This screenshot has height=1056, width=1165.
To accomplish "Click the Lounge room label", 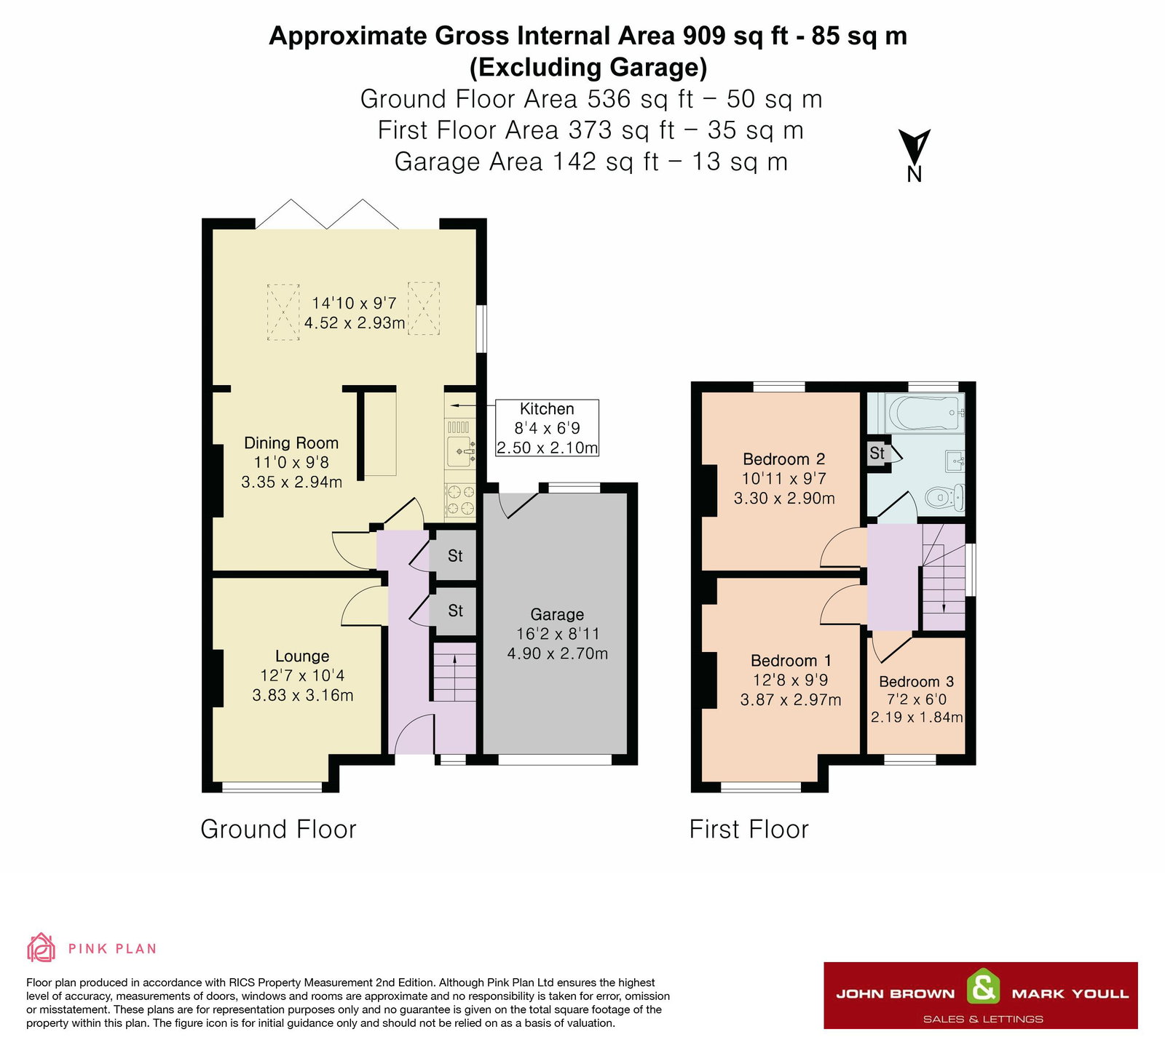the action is (x=302, y=656).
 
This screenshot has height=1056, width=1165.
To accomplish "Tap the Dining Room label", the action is (x=291, y=443).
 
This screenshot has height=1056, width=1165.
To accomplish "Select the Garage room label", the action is (x=557, y=615).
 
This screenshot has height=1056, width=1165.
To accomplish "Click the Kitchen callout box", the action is (x=547, y=429).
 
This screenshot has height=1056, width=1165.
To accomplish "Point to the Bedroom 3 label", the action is (x=917, y=682).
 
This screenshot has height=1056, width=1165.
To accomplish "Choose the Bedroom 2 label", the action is (x=784, y=459).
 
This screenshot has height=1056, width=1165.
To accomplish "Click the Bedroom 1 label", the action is (x=791, y=661).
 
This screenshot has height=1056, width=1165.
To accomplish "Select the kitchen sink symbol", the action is (x=460, y=452).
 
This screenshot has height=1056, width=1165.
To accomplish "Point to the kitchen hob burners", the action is (x=460, y=501).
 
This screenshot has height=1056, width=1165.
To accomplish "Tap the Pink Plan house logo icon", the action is (x=41, y=947).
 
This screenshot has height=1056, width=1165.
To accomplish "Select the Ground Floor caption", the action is (x=278, y=829).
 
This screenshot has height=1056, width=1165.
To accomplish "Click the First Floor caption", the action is (x=749, y=829).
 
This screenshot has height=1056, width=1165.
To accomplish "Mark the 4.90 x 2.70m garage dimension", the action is (x=558, y=654).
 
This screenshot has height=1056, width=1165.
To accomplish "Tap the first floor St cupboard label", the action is (x=877, y=453).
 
